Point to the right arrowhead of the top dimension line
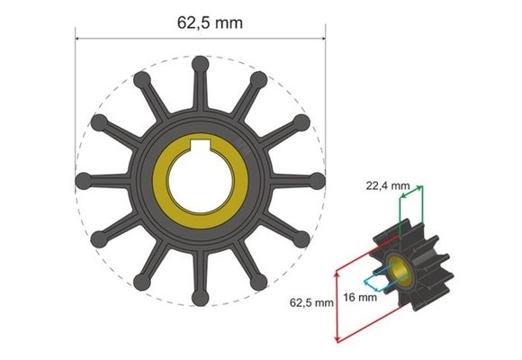point(321,39)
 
